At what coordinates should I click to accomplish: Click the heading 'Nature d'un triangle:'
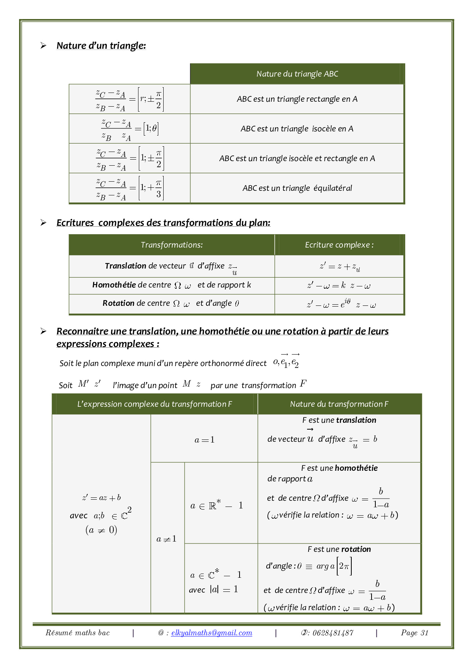(101, 46)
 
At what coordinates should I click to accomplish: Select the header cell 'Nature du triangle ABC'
(297, 74)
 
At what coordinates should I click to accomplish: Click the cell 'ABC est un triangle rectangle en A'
(297, 99)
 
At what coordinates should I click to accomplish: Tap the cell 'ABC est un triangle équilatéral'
(297, 188)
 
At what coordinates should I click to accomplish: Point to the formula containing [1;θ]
(130, 129)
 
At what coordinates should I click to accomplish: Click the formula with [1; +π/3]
(130, 188)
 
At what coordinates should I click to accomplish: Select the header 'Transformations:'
(172, 245)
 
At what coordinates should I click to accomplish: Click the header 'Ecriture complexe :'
(339, 245)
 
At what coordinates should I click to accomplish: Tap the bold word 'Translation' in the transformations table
(125, 266)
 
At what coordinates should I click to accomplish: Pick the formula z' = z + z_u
(339, 267)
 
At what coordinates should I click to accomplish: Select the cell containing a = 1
(204, 440)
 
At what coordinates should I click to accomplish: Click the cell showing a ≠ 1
(167, 539)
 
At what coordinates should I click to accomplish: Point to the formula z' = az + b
(101, 498)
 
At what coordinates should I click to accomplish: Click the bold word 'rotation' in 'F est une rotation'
(356, 549)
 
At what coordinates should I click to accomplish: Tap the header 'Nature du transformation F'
(339, 404)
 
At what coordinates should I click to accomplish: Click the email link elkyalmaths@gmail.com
(212, 633)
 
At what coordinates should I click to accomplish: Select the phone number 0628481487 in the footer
(333, 633)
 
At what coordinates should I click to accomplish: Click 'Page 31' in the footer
(415, 633)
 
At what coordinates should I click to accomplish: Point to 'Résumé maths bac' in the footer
(77, 633)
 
